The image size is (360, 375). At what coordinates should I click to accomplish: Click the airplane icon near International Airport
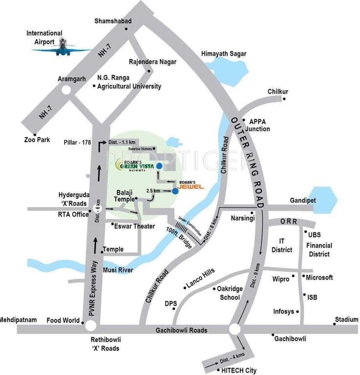pos(65,47)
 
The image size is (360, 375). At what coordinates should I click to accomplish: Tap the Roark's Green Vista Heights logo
pos(133,166)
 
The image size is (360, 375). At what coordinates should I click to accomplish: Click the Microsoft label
pos(319,277)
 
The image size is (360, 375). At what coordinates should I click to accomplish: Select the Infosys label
pos(283,311)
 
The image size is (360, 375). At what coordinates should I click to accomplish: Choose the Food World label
pos(63,321)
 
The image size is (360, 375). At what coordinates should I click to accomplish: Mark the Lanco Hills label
pos(202,279)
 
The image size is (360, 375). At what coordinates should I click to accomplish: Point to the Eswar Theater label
pos(134,226)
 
